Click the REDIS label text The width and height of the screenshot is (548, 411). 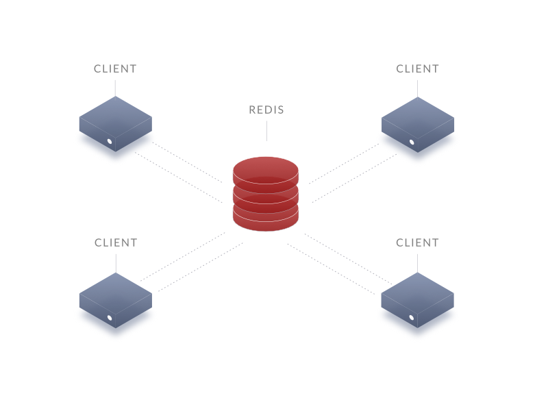coord(266,110)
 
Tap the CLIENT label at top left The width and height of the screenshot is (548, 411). coord(115,68)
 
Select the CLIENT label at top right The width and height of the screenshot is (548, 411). coord(418,68)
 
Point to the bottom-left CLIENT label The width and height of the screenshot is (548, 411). coord(116,242)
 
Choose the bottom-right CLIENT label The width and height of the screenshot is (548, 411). coord(418,242)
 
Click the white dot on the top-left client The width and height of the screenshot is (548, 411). coord(109,142)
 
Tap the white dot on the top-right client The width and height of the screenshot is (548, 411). coord(412,142)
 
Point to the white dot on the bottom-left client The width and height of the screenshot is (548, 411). coord(109,318)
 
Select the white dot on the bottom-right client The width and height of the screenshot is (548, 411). coord(412,318)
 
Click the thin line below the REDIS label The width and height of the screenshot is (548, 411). coord(266,130)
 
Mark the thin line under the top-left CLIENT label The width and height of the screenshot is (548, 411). coord(115,88)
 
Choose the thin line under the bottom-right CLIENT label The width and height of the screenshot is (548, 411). coord(418,263)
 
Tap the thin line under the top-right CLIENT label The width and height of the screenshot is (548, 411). coord(418,88)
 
